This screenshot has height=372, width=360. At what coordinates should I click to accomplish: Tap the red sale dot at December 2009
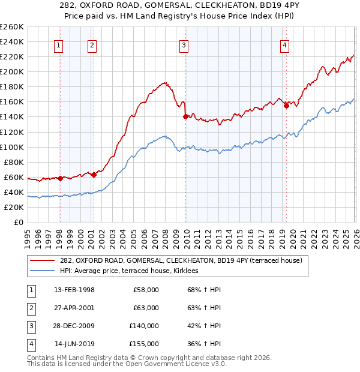click(x=186, y=116)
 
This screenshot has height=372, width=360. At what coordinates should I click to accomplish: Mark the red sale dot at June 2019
click(x=286, y=105)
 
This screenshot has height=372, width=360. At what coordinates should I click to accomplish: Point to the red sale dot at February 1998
click(x=61, y=178)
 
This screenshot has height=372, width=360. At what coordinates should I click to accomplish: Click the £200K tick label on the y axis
click(x=12, y=71)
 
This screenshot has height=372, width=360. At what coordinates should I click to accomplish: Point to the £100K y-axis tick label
click(x=12, y=147)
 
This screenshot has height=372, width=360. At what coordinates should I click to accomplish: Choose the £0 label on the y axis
click(x=18, y=222)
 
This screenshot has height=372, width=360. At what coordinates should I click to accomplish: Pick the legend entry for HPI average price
click(x=133, y=271)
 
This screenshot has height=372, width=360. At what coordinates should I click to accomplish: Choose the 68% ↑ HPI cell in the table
click(x=204, y=290)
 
